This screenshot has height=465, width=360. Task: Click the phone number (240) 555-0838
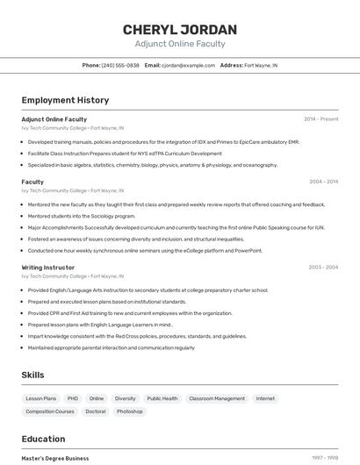click(x=120, y=65)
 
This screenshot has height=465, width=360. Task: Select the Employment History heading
click(x=65, y=100)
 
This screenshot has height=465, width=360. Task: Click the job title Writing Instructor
click(x=48, y=267)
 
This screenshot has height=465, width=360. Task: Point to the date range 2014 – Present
click(x=320, y=118)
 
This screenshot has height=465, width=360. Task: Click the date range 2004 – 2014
click(x=323, y=182)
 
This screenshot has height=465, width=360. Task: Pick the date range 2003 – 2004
click(x=323, y=267)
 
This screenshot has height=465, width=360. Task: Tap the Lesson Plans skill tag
click(x=41, y=398)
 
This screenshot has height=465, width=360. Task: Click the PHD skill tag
click(x=73, y=398)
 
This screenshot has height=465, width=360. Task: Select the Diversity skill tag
click(x=125, y=398)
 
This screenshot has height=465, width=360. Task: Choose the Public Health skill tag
click(x=162, y=398)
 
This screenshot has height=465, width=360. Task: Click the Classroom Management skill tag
click(x=217, y=398)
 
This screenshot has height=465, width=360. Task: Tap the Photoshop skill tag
click(x=129, y=411)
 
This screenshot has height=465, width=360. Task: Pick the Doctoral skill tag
click(x=95, y=411)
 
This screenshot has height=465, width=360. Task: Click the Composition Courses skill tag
click(x=50, y=411)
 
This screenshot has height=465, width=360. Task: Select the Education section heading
click(x=43, y=438)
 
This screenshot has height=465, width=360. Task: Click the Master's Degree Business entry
click(x=55, y=458)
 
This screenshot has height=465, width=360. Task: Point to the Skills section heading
click(x=32, y=375)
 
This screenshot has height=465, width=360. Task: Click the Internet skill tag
click(x=265, y=398)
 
